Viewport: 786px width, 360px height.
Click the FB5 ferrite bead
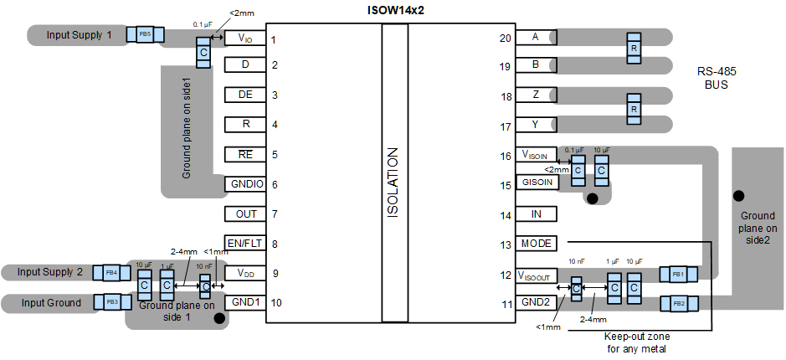point(145,34)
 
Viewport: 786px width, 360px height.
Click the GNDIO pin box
point(245,183)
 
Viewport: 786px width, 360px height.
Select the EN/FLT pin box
point(245,244)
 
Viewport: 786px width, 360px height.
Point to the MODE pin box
point(536,244)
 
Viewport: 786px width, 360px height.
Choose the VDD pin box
point(245,273)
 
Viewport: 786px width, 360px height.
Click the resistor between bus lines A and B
point(634,49)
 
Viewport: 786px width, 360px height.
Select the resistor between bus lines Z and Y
point(634,110)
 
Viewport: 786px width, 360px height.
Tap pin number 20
point(506,38)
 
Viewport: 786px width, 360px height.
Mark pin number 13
point(506,245)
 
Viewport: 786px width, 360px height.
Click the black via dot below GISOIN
point(593,198)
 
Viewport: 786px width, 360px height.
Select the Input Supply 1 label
point(79,35)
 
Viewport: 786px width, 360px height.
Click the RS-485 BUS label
point(717,78)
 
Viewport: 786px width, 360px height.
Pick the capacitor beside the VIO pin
point(203,54)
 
